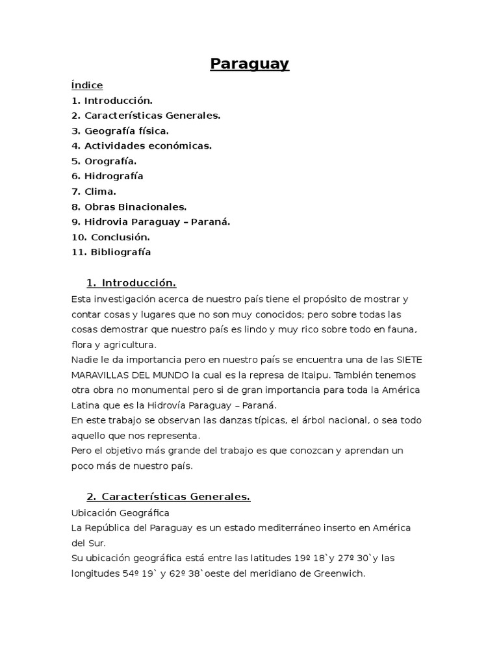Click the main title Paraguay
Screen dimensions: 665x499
[249, 64]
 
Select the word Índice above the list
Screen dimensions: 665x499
[87, 85]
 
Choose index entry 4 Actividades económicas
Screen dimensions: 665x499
[142, 145]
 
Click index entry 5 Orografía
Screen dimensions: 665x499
[104, 160]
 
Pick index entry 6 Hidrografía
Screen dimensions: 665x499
[107, 176]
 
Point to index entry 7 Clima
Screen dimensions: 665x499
[94, 191]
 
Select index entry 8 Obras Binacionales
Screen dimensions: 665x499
[129, 207]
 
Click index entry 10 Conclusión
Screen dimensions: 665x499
[111, 237]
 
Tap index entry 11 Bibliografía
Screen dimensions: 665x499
[111, 252]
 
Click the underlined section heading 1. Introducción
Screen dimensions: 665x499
[131, 282]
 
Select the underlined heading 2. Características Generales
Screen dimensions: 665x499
[168, 497]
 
